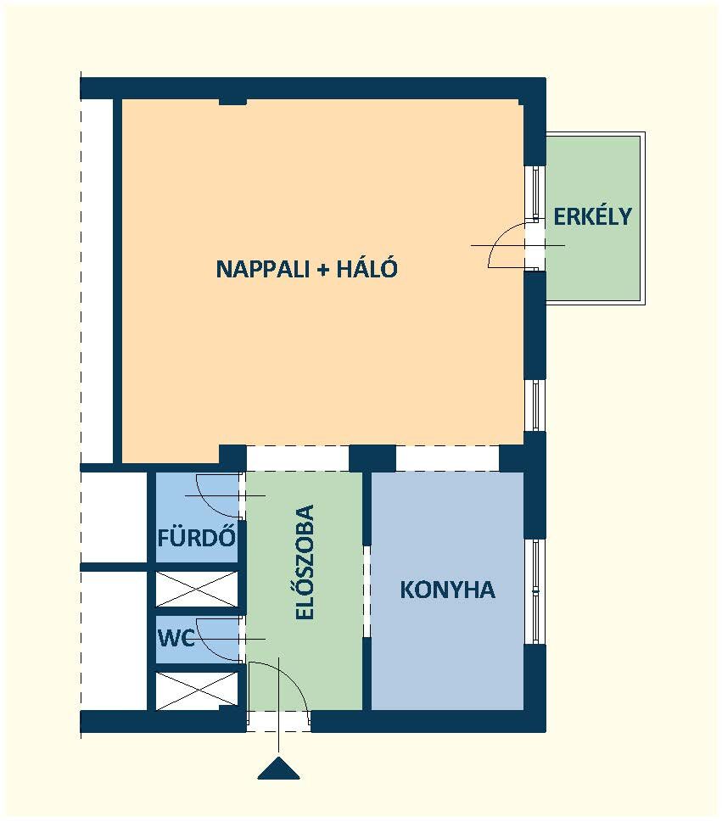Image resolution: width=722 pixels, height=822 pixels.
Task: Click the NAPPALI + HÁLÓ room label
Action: pos(307,268)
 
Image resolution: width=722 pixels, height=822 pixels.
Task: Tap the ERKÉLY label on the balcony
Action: pos(592,216)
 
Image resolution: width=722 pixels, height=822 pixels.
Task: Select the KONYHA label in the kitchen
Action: pos(447,590)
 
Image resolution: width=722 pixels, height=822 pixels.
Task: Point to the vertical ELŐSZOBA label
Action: pos(305,562)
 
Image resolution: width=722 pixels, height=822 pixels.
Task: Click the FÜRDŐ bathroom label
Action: pos(197,537)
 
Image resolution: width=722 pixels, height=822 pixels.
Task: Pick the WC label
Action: pos(176,638)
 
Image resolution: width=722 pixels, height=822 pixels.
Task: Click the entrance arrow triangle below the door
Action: pos(278,768)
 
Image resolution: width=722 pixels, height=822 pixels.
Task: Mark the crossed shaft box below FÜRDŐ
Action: pos(197,590)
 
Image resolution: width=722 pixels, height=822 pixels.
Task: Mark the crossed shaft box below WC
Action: pos(197,691)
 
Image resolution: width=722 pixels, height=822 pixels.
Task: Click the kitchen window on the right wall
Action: pos(535,591)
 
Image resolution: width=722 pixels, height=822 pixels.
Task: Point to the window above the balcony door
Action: pos(535,193)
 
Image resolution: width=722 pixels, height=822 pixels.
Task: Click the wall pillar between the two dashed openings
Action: pos(372,459)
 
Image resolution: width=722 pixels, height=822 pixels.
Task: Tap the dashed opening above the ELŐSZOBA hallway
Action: pos(298,459)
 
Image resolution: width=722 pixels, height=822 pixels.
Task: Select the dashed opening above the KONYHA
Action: pos(447,459)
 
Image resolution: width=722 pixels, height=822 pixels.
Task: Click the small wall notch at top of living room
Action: pos(232,101)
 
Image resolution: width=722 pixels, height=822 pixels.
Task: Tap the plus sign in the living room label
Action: pos(322,270)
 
